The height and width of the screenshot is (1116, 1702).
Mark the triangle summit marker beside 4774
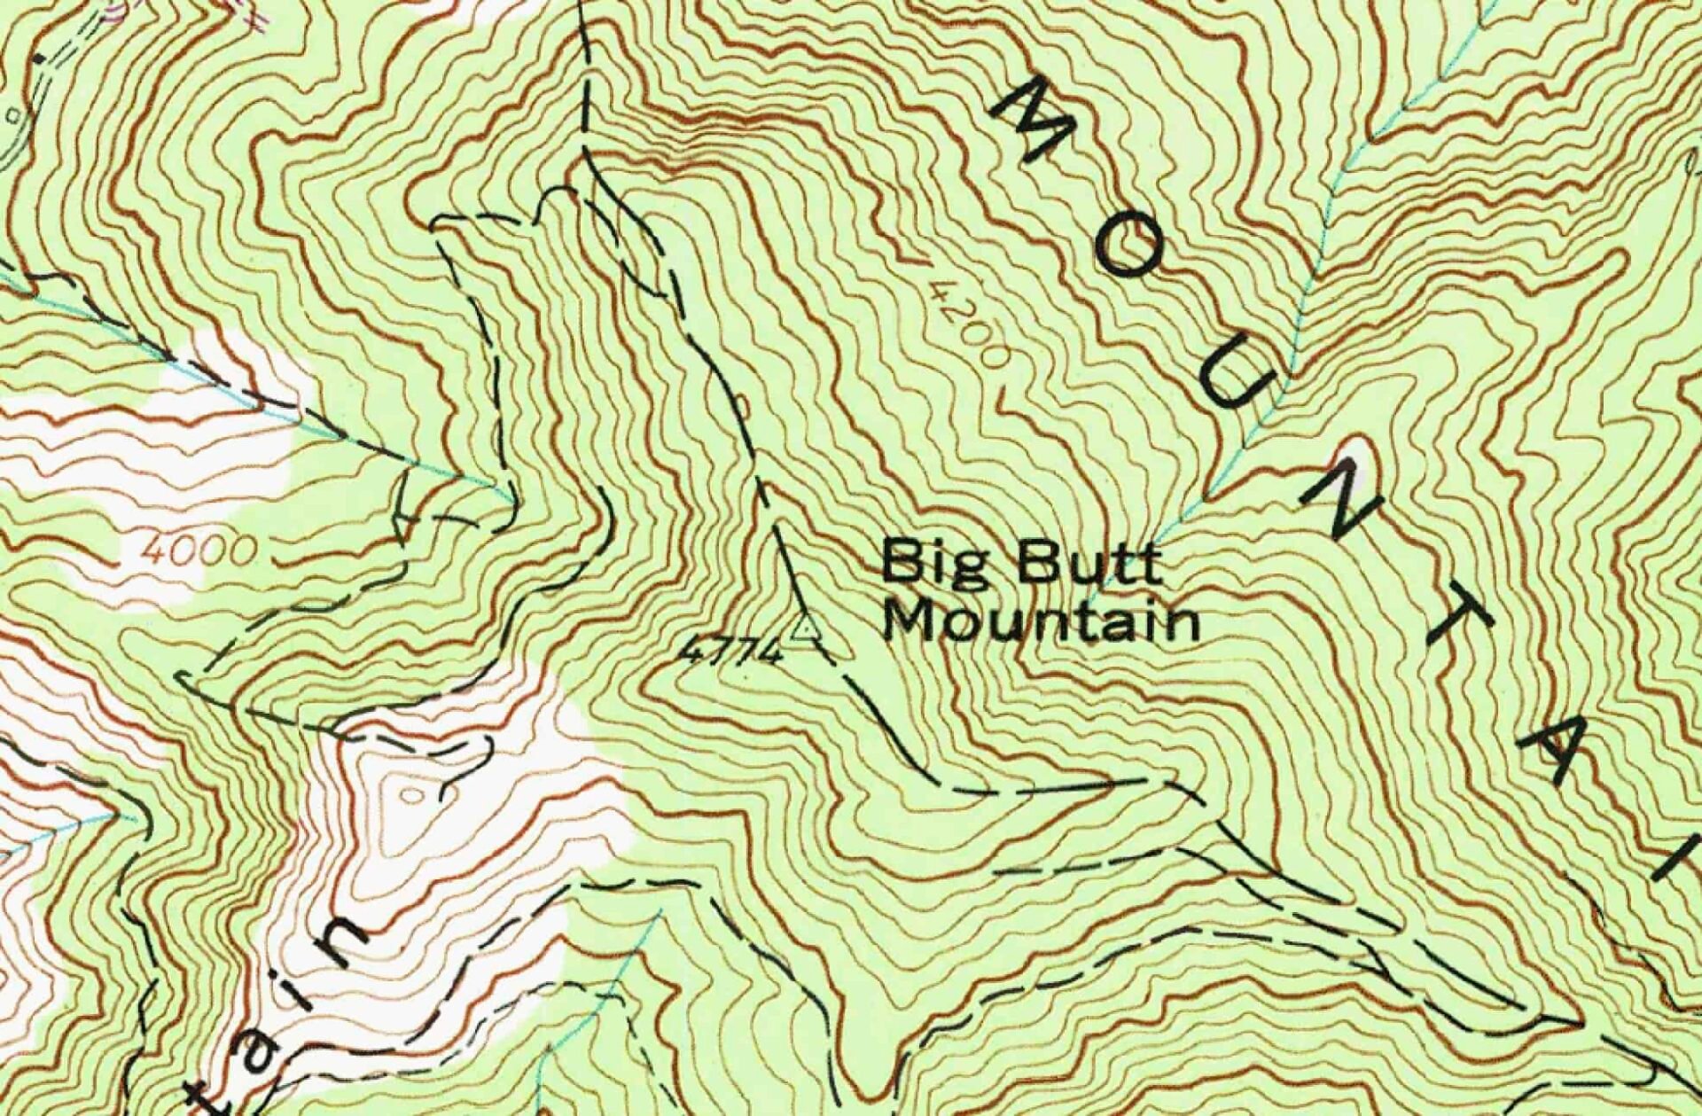click(x=806, y=629)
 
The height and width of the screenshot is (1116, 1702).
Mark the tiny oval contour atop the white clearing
click(x=412, y=793)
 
